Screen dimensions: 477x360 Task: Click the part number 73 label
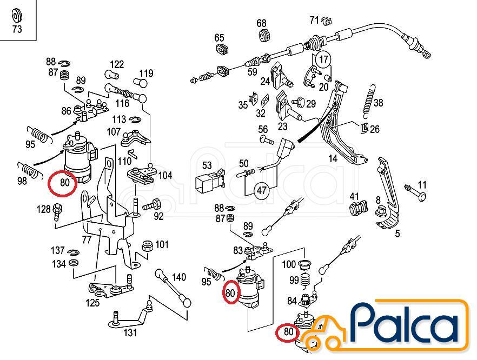click(x=17, y=29)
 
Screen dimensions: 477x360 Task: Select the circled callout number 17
click(x=323, y=59)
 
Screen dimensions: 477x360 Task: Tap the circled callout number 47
click(x=261, y=191)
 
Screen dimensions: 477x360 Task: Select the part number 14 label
click(x=333, y=159)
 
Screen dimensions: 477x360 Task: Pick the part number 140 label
click(x=179, y=277)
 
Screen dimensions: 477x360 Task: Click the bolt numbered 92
click(x=153, y=204)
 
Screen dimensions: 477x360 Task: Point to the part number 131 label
click(x=130, y=332)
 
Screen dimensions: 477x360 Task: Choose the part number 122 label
click(x=117, y=64)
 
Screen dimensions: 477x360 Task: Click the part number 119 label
click(x=147, y=74)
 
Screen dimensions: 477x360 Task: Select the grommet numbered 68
click(x=262, y=35)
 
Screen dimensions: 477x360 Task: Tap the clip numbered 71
click(x=327, y=21)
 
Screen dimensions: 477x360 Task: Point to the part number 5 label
click(x=398, y=234)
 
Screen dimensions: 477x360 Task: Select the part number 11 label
click(x=422, y=185)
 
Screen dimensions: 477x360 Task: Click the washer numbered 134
click(x=73, y=263)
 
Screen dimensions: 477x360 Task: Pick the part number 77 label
click(x=87, y=240)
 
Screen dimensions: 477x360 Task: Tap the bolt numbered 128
click(x=57, y=212)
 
